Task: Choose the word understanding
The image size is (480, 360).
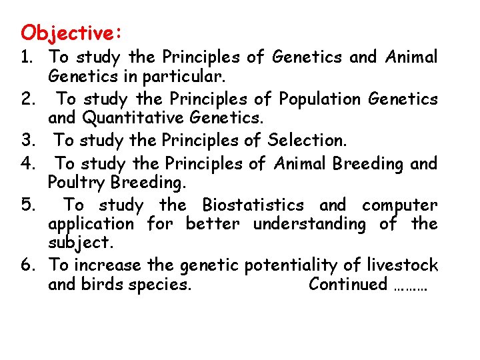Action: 309,225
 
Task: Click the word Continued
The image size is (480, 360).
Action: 348,285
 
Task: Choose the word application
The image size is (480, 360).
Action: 91,225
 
